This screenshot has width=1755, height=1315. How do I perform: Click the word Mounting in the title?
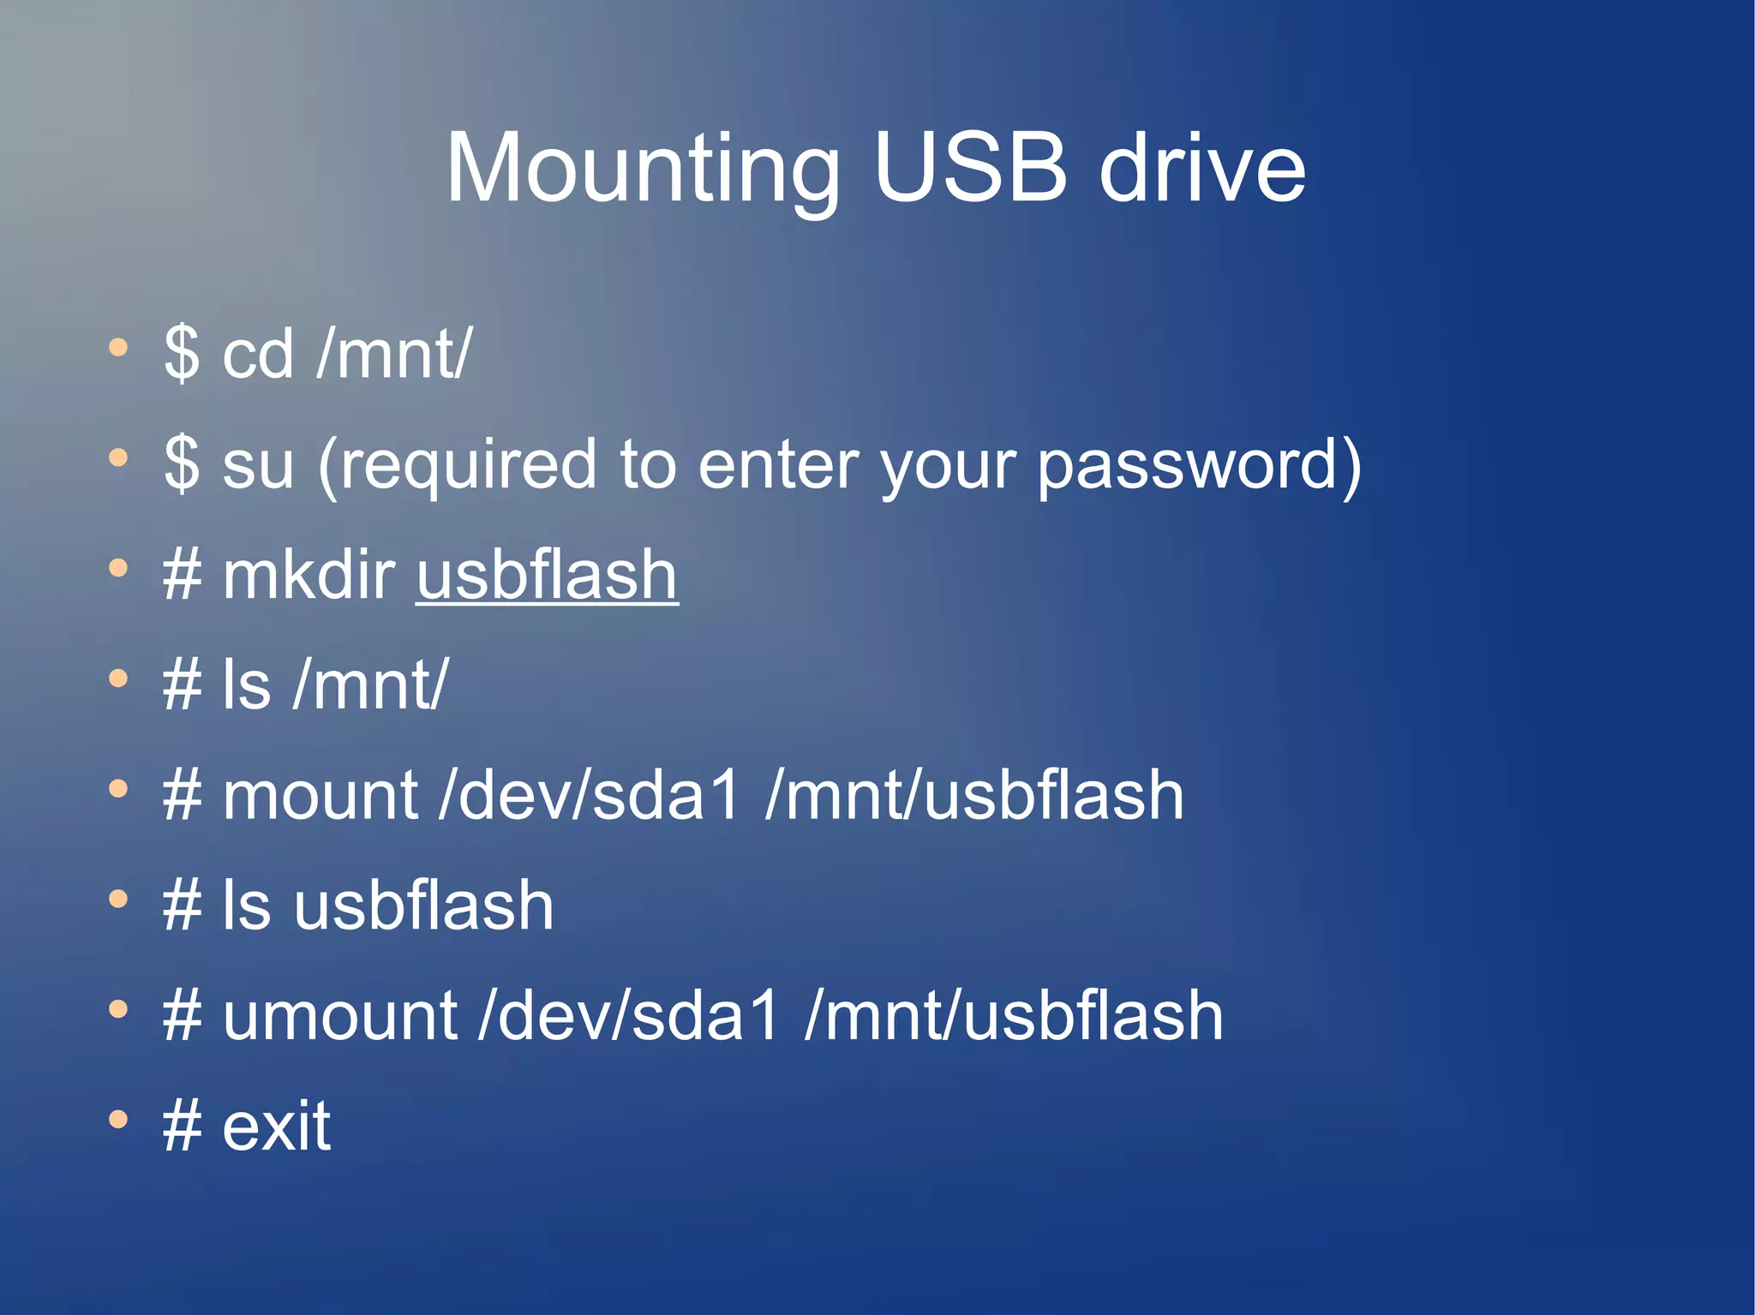(643, 169)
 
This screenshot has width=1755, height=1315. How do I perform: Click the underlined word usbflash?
(547, 575)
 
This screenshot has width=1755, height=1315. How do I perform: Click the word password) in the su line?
(1199, 465)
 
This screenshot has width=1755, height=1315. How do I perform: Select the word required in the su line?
(457, 465)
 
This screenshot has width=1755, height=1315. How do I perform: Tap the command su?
(257, 465)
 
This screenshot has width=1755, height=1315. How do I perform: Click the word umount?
(339, 1016)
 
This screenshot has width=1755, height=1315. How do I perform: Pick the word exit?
(276, 1126)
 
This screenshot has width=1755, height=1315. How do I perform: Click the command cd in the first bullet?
(257, 354)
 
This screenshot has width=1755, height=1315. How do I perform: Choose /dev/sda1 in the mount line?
(589, 796)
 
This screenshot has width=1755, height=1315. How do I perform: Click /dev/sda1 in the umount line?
(629, 1016)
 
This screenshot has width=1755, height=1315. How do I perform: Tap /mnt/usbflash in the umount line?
(1014, 1016)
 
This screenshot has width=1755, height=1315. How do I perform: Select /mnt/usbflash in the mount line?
(974, 796)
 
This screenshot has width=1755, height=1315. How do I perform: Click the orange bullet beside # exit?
(118, 1119)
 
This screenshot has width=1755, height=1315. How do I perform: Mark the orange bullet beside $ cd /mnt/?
(118, 348)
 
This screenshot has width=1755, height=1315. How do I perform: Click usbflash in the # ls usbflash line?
(424, 906)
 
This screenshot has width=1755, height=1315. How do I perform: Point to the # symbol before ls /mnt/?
(182, 685)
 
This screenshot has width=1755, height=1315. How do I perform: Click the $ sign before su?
(182, 463)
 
